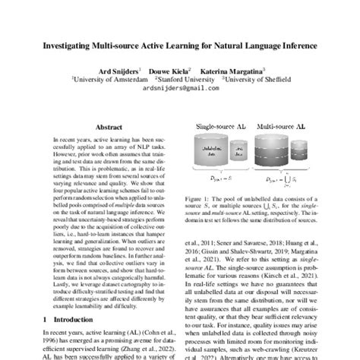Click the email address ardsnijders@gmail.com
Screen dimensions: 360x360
pos(179,87)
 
